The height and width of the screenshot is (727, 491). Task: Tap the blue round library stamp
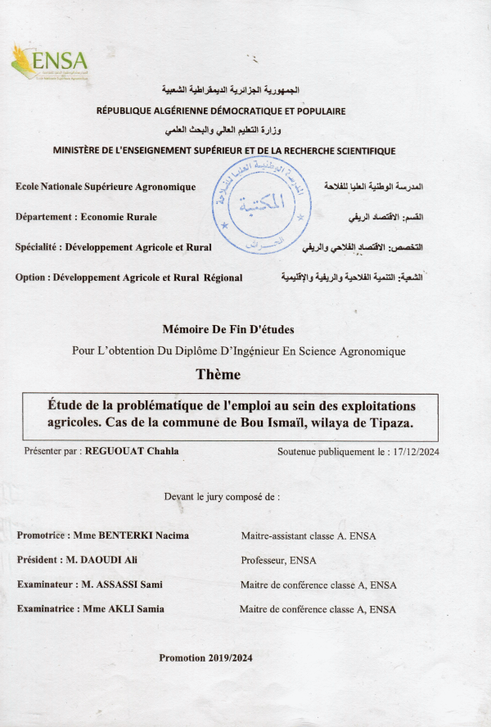(x=262, y=205)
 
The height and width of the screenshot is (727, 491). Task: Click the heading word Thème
(x=218, y=375)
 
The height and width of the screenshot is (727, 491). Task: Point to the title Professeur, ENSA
(x=278, y=560)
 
